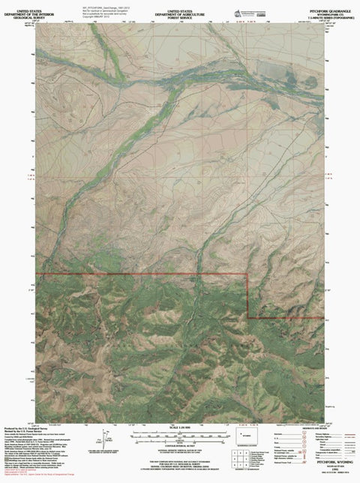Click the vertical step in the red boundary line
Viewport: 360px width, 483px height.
pyautogui.click(x=248, y=297)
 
